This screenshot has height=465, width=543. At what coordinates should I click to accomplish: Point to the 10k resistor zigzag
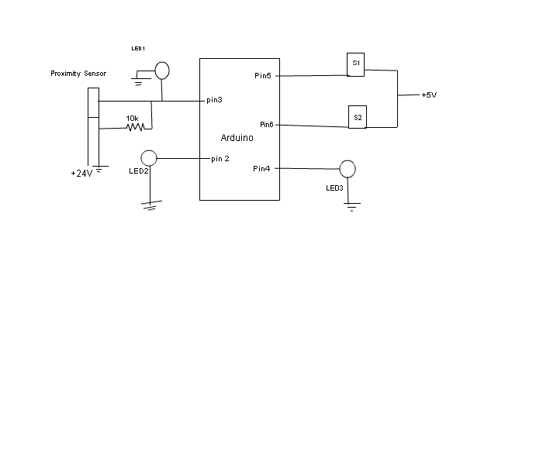136,127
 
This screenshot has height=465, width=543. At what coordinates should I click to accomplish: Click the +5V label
429,95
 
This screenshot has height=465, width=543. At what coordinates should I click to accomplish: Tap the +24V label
81,174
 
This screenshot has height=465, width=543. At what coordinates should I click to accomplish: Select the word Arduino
237,138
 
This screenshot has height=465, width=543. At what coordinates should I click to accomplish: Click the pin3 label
214,100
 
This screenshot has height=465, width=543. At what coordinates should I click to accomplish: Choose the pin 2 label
220,159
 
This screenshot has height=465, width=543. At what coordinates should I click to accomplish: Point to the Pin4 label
261,168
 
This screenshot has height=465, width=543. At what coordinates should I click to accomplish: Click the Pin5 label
263,75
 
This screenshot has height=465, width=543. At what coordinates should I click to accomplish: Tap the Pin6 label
267,124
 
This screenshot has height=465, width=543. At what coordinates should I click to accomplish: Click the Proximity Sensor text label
78,74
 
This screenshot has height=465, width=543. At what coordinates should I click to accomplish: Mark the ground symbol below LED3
352,207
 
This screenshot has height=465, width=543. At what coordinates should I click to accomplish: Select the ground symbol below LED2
151,205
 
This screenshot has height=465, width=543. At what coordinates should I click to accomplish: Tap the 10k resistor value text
132,119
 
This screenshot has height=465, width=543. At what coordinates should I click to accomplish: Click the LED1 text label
138,48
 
